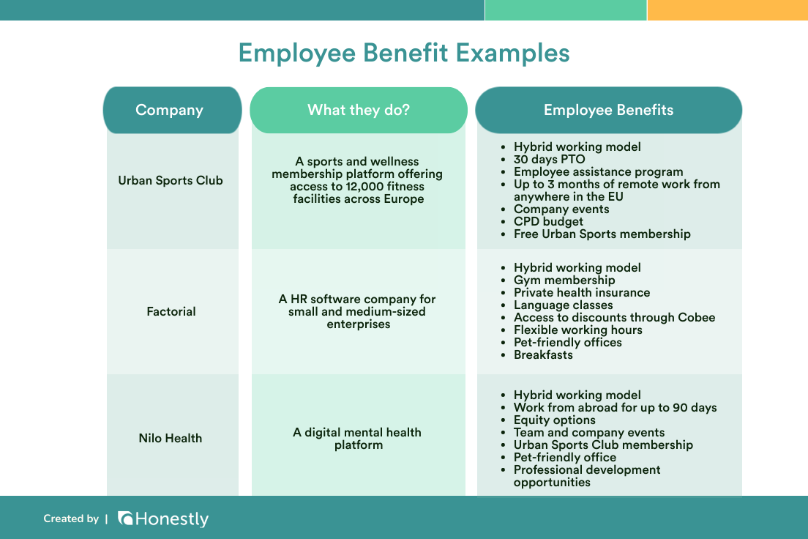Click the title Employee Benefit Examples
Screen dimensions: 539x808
404,53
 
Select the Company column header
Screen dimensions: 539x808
169,111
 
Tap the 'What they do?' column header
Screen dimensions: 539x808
359,111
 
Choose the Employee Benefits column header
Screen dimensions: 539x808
608,111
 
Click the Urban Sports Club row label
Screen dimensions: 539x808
171,180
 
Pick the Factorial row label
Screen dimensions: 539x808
171,311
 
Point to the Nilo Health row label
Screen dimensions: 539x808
171,438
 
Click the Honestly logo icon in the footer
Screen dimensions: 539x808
125,518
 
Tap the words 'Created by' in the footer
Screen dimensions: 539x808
71,518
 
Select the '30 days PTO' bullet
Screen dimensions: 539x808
549,159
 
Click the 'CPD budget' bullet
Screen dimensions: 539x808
548,221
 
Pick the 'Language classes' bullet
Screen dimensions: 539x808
563,305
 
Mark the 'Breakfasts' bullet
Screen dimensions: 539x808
543,354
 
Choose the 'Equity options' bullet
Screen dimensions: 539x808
554,420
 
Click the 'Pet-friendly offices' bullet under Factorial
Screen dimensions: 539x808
567,342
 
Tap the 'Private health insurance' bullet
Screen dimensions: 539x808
581,292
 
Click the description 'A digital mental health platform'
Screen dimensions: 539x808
357,438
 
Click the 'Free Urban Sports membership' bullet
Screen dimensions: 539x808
602,234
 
